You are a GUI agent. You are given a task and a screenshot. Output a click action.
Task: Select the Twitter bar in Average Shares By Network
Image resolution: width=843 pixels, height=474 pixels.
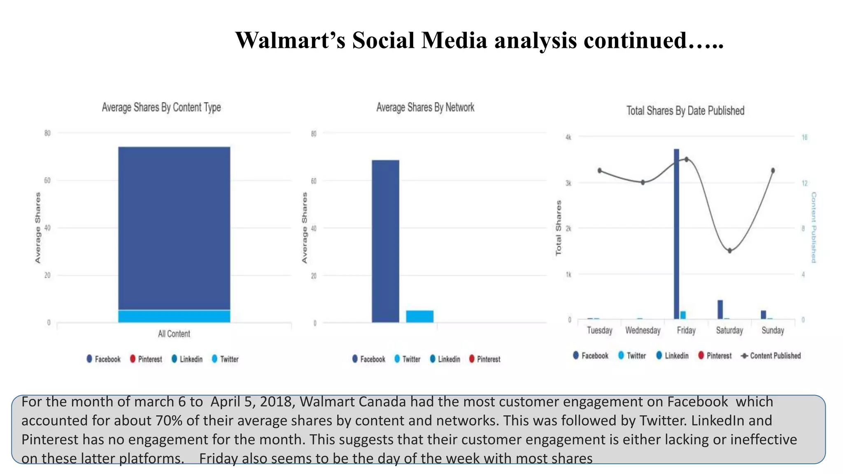coord(419,316)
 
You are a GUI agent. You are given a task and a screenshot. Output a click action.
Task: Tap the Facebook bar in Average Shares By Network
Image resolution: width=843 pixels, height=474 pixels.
coord(385,241)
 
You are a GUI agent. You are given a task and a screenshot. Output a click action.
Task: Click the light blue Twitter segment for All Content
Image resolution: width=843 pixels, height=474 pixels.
coord(174,316)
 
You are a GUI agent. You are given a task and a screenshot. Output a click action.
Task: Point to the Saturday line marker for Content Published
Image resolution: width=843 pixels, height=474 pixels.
coord(729,251)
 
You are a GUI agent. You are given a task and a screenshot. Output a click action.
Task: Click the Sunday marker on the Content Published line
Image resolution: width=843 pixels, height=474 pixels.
coord(773,170)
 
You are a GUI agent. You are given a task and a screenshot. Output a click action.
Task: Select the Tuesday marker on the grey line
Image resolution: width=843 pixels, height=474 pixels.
coord(600,170)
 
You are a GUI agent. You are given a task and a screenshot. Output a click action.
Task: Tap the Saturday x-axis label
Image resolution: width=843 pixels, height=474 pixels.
coord(729,330)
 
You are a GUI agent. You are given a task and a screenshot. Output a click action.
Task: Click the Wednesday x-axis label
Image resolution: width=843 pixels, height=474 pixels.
coord(643,330)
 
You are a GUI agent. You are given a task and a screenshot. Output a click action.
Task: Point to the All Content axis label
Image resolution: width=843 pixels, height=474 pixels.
coord(174,334)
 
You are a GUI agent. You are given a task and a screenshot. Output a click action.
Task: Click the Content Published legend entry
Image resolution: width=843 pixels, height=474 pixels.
coord(771,356)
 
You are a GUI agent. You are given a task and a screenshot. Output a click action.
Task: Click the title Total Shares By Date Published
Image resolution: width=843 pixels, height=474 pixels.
coord(685,111)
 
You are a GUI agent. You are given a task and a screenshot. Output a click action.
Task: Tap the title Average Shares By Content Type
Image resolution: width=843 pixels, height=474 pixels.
coord(161,107)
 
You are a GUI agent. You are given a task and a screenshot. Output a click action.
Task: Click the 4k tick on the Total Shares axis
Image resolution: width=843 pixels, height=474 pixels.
coord(568,137)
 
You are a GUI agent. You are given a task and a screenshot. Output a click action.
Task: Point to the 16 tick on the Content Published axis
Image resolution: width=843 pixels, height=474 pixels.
coord(804,137)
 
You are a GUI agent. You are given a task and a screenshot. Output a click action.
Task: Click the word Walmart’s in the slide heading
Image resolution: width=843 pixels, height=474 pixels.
coord(290,41)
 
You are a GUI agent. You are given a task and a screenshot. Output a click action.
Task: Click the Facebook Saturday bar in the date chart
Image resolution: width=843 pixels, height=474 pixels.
coord(720,309)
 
